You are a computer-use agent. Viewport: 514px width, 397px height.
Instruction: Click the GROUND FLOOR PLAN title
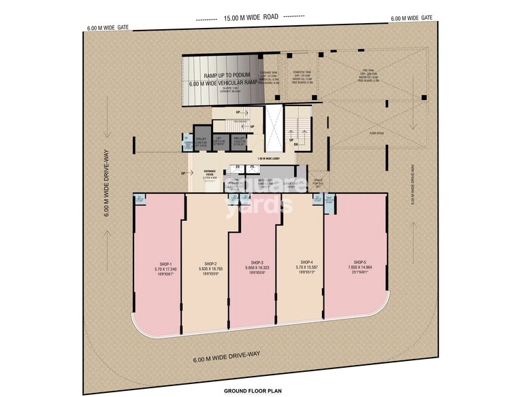pos(253,390)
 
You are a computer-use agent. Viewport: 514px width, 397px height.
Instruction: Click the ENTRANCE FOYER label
pos(210,173)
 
